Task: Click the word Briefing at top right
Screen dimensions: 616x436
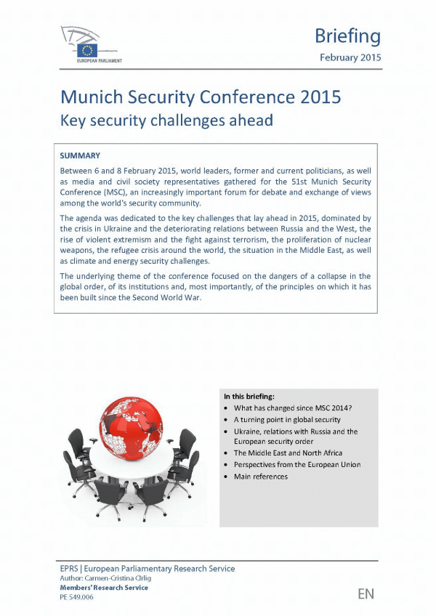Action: click(x=347, y=36)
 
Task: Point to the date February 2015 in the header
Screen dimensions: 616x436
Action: click(x=350, y=57)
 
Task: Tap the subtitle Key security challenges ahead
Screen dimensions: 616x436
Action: click(x=166, y=120)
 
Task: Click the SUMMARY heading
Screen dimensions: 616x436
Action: click(x=79, y=155)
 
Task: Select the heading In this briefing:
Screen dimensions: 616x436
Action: click(x=249, y=397)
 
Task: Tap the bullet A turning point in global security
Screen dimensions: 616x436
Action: click(x=286, y=420)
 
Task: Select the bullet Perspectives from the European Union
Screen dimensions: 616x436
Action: click(x=296, y=465)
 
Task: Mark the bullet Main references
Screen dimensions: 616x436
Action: click(x=260, y=477)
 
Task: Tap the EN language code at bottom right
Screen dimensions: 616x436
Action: click(x=366, y=594)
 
